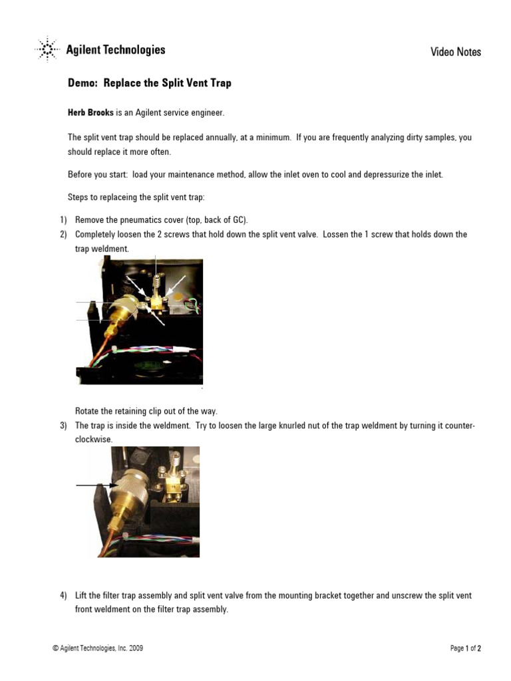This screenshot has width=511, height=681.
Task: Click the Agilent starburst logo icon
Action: click(x=47, y=50)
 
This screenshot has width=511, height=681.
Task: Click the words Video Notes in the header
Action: click(x=455, y=52)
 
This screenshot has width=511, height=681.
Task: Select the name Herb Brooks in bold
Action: click(x=91, y=113)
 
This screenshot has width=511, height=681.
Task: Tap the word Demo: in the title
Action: click(x=83, y=83)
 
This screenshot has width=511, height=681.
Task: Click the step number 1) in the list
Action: click(x=64, y=219)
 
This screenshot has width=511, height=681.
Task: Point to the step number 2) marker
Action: click(x=64, y=235)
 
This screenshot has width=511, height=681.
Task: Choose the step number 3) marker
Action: click(x=64, y=426)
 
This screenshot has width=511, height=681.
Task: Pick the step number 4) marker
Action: click(x=64, y=596)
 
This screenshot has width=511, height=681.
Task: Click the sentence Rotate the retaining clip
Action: click(x=146, y=411)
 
